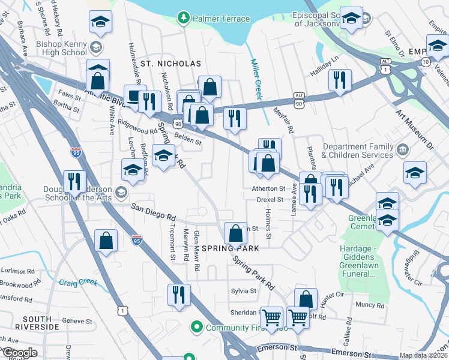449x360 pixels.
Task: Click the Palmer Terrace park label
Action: pos(221,19)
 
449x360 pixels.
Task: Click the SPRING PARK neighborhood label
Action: pos(230,248)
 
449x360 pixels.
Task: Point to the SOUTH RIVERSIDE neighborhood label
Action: pos(41,322)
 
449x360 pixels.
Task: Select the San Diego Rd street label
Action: pos(154,212)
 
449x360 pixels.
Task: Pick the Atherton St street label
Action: pos(268,188)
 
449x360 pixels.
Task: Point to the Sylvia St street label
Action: pos(244,290)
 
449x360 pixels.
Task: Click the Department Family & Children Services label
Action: pos(358,151)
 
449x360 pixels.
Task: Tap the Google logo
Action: pos(20,353)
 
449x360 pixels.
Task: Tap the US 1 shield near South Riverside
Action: pos(123,310)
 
